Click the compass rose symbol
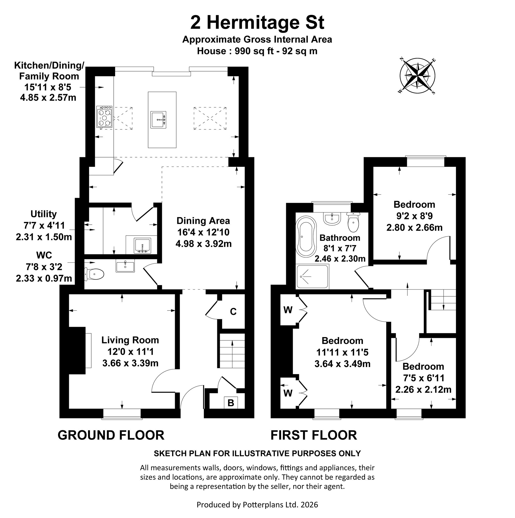click(417, 76)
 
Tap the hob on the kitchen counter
click(105, 117)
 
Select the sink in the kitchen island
click(159, 119)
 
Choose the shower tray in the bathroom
click(312, 277)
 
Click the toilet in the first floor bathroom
click(353, 222)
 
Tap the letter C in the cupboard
click(233, 312)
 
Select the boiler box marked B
click(231, 403)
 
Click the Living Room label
click(130, 340)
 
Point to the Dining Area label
click(203, 221)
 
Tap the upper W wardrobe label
click(288, 310)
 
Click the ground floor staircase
click(232, 351)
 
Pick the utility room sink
click(142, 245)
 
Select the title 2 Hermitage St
click(257, 23)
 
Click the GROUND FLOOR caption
click(111, 435)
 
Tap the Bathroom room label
click(340, 237)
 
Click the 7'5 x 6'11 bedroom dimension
click(424, 378)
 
